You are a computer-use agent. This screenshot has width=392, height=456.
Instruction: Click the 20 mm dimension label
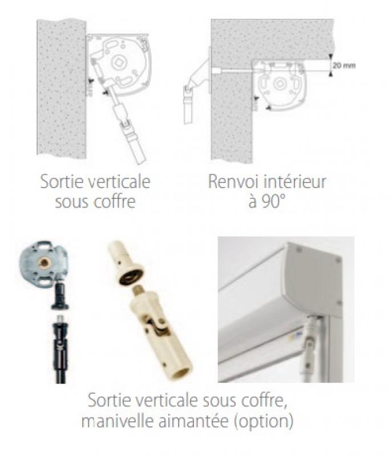pyautogui.click(x=344, y=66)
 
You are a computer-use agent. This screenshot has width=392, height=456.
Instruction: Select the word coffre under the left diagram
pyautogui.click(x=116, y=201)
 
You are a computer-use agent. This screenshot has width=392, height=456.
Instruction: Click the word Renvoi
pyautogui.click(x=233, y=181)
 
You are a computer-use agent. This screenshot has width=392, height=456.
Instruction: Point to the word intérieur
pyautogui.click(x=294, y=181)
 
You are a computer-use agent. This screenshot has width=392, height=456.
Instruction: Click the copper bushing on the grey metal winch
pyautogui.click(x=44, y=263)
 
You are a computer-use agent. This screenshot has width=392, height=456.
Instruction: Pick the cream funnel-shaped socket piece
pyautogui.click(x=127, y=263)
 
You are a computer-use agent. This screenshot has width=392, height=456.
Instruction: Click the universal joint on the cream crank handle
pyautogui.click(x=157, y=327)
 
